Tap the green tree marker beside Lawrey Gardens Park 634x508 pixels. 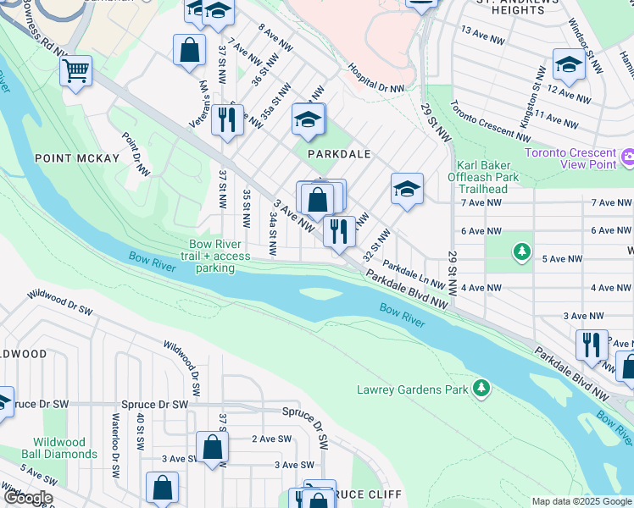click(x=481, y=388)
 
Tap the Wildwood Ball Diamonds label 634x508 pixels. click(x=65, y=448)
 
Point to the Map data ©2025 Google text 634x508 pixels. click(x=581, y=501)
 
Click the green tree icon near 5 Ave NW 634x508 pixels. click(x=522, y=251)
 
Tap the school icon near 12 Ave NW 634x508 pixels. click(x=568, y=64)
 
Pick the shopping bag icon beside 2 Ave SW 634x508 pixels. click(x=212, y=447)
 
